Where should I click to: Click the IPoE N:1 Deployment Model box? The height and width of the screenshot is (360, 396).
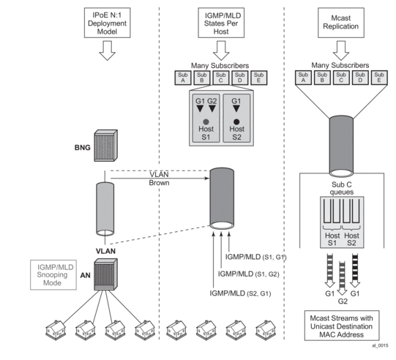108,23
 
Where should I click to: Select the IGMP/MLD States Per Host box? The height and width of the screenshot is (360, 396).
221,23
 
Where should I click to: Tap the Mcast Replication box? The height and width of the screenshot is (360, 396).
341,23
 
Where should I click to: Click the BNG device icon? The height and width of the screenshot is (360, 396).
106,146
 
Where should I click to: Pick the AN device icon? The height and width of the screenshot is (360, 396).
106,274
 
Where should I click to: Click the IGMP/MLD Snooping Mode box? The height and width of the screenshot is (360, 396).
53,275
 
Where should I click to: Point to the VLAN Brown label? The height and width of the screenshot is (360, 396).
159,179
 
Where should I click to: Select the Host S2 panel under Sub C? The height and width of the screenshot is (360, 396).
236,119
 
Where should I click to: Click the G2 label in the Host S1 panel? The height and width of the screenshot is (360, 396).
212,101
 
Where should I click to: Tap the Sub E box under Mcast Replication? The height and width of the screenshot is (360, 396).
379,78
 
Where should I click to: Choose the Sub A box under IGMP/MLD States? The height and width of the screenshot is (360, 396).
183,78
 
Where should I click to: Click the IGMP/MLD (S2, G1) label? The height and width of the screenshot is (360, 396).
240,293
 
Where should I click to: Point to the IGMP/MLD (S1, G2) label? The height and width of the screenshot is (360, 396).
249,274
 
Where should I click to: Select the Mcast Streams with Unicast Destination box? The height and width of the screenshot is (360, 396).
342,326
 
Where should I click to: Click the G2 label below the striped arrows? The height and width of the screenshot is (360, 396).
343,301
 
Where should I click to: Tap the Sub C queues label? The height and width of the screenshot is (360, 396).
342,188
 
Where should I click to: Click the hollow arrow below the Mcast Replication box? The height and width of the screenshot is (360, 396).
341,50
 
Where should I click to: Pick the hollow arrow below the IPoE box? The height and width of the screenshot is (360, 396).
108,50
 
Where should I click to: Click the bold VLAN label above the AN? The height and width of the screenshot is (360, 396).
105,251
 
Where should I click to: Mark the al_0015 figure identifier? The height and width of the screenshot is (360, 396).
380,345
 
